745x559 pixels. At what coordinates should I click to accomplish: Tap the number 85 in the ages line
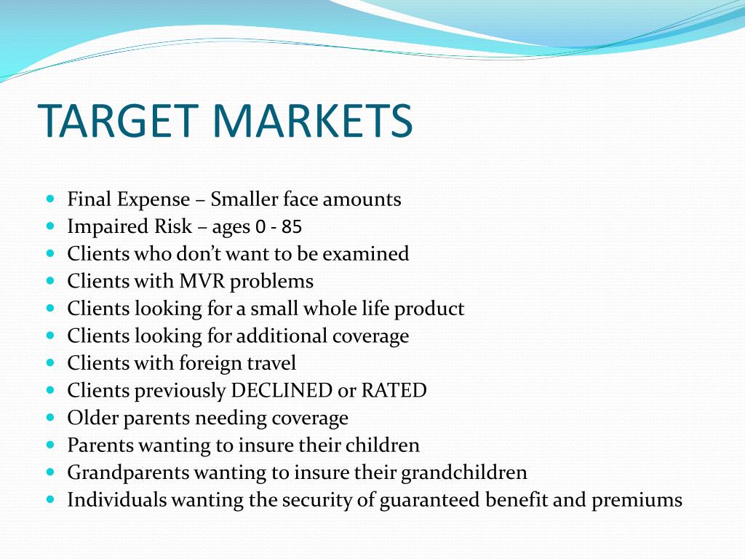pyautogui.click(x=291, y=227)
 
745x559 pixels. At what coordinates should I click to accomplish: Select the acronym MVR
pyautogui.click(x=202, y=281)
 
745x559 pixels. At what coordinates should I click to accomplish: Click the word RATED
pyautogui.click(x=394, y=390)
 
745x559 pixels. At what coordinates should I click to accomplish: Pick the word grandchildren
pyautogui.click(x=464, y=472)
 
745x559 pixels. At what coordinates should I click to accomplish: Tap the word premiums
pyautogui.click(x=637, y=500)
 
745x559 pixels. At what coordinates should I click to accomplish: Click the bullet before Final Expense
pyautogui.click(x=51, y=198)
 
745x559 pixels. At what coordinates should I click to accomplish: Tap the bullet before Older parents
pyautogui.click(x=51, y=417)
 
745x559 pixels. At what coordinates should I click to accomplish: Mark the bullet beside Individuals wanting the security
pyautogui.click(x=51, y=499)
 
